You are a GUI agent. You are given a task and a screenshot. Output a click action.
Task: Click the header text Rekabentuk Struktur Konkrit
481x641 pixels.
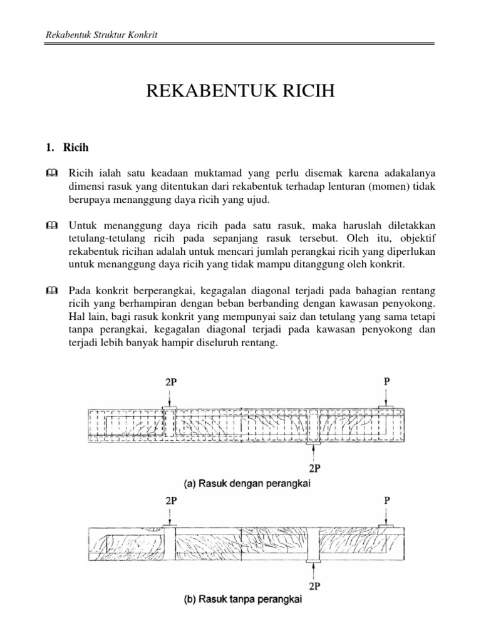tap(101, 34)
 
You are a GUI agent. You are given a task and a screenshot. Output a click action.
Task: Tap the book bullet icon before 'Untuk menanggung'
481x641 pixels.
tap(51, 225)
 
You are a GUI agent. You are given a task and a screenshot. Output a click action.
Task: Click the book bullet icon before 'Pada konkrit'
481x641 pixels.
tap(51, 290)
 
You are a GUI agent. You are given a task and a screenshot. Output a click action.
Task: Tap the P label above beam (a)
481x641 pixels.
tap(386, 379)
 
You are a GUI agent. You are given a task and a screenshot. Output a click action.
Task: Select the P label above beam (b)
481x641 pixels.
tap(386, 501)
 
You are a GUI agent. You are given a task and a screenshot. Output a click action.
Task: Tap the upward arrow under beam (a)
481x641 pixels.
tap(312, 453)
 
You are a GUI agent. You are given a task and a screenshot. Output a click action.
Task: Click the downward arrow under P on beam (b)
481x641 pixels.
tap(386, 516)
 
